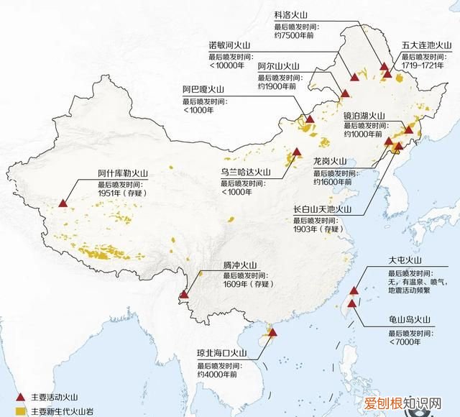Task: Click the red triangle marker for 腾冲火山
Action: (184, 293)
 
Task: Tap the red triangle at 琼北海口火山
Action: (272, 331)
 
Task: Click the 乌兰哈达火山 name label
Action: (245, 172)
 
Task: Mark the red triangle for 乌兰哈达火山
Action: (297, 152)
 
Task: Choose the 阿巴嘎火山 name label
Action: (203, 89)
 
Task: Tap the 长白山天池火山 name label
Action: (321, 209)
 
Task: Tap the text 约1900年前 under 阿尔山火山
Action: (277, 86)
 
